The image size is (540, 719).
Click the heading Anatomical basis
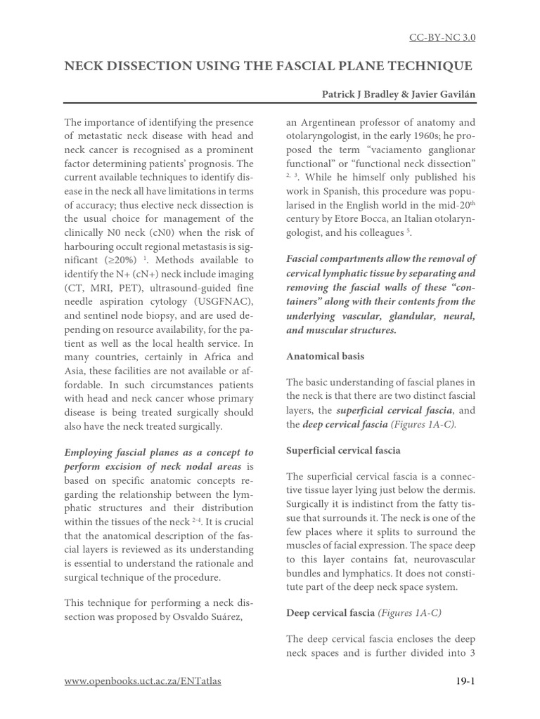tap(325, 356)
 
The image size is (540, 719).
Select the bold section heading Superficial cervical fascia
tap(343, 450)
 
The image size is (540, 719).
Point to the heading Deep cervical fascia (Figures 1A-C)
tap(364, 613)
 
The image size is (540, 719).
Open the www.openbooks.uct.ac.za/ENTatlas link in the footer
tap(143, 681)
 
